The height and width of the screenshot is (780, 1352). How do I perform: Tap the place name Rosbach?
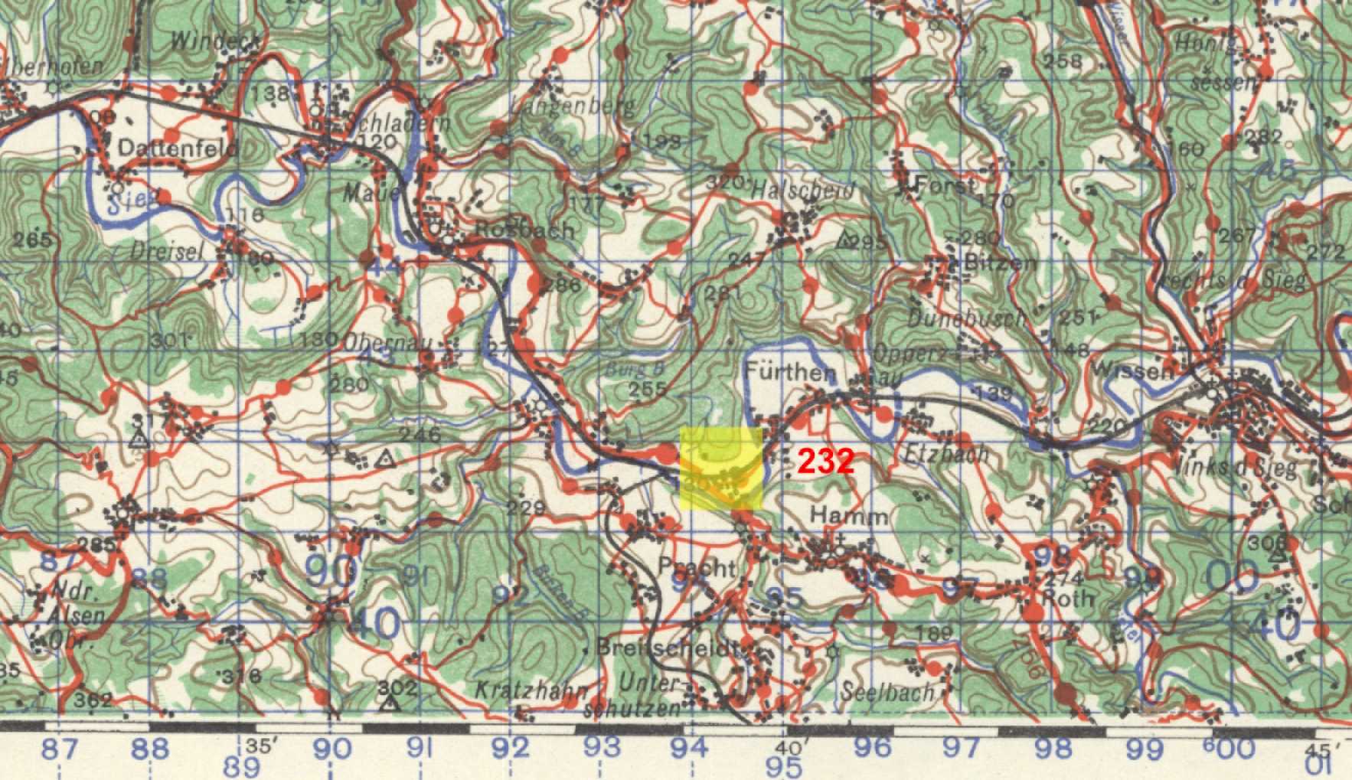coord(524,230)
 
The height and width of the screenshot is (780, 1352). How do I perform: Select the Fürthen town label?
coord(790,373)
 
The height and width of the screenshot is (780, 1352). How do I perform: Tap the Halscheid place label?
coord(803,190)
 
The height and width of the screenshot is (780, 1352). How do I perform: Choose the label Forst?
coord(946,184)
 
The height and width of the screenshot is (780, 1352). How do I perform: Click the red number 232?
coord(825,462)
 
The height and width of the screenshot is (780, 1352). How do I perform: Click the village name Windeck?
coord(215,41)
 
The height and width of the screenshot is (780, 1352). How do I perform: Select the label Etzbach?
coord(946,454)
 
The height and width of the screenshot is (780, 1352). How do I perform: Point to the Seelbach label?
coord(888,693)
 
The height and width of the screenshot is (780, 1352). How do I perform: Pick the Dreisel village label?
coord(164,250)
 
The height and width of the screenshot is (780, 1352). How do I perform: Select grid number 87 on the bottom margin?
coord(60,749)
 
